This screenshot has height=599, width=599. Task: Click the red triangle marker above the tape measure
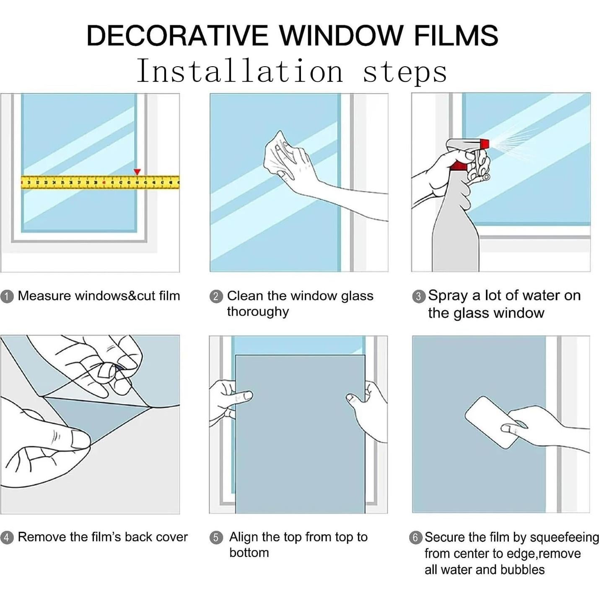tap(137, 172)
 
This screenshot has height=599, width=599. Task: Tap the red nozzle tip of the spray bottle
tap(485, 144)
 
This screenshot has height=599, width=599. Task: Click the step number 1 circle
tap(7, 296)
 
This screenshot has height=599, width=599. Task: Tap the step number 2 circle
tap(216, 296)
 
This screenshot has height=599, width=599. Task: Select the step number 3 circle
tap(418, 296)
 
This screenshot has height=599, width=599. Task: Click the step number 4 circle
tap(7, 537)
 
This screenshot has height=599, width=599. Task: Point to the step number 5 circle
tap(216, 537)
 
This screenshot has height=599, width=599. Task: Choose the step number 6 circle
tap(415, 537)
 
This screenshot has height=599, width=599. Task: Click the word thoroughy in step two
tap(258, 312)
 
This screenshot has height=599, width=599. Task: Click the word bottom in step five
tap(249, 553)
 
